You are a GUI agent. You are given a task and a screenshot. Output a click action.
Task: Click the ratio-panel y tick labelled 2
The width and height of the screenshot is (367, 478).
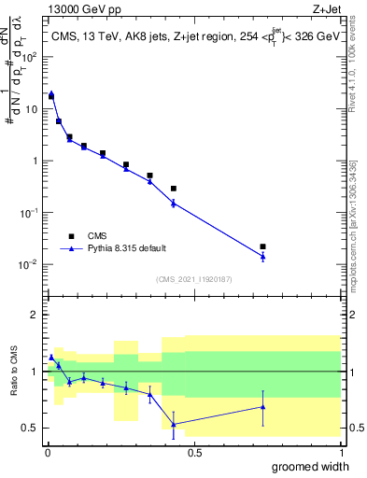tap(36, 315)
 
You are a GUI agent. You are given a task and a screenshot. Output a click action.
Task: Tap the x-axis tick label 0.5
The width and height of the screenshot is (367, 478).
tap(193, 453)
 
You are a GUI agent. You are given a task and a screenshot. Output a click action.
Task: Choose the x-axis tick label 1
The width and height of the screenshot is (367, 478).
tap(340, 453)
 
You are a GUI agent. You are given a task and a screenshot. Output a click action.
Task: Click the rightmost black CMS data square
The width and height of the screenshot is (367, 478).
tap(262, 246)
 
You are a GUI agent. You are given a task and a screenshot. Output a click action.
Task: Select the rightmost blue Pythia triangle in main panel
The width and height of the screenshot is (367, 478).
tap(262, 256)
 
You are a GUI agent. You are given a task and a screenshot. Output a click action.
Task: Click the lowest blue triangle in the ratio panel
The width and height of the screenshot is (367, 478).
tap(174, 424)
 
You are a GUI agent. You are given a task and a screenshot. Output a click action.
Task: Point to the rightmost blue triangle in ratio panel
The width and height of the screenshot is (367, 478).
tap(262, 407)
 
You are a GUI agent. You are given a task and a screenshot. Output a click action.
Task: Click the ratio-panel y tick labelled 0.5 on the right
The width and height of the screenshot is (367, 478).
tap(353, 429)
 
